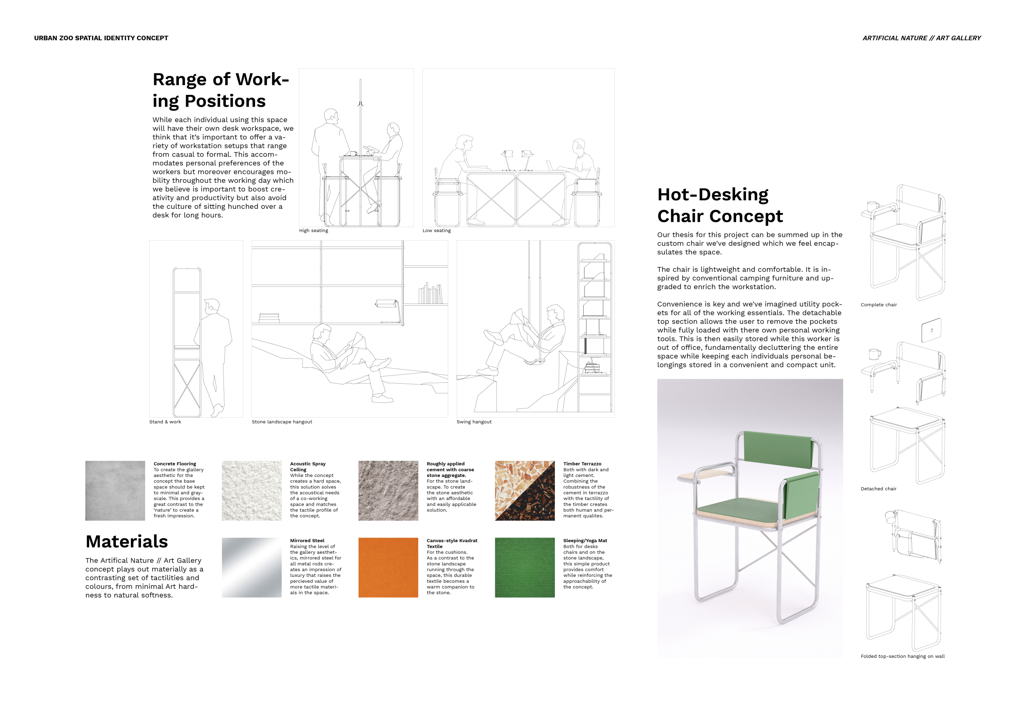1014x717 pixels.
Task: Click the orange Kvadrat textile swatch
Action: pyautogui.click(x=388, y=567)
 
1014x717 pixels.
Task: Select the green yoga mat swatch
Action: pyautogui.click(x=525, y=567)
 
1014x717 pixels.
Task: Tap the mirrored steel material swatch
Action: pyautogui.click(x=251, y=567)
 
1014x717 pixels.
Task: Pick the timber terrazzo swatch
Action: pyautogui.click(x=525, y=491)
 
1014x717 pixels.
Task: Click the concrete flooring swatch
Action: pyautogui.click(x=115, y=491)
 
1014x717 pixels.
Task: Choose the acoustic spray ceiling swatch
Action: pyautogui.click(x=251, y=491)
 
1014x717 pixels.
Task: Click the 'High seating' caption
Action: pyautogui.click(x=314, y=230)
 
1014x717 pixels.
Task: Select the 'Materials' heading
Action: pyautogui.click(x=127, y=541)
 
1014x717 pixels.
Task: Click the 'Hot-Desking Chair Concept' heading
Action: pyautogui.click(x=720, y=205)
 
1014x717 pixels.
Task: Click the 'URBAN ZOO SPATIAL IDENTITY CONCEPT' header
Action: pyautogui.click(x=101, y=38)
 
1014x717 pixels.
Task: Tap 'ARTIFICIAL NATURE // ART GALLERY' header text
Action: pyautogui.click(x=922, y=38)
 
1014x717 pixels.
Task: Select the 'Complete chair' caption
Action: pyautogui.click(x=879, y=305)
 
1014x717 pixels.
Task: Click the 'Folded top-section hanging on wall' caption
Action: pyautogui.click(x=902, y=656)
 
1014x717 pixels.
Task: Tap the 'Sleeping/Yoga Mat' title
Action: pyautogui.click(x=585, y=541)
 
